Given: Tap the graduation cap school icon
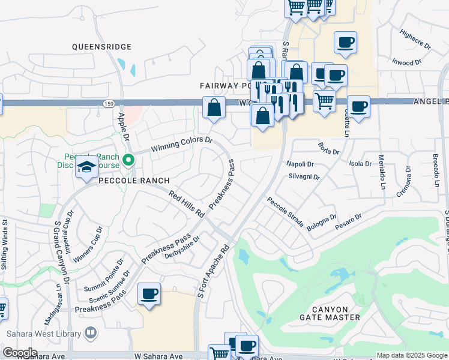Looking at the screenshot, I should (x=86, y=168).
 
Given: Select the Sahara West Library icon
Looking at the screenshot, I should (x=91, y=332).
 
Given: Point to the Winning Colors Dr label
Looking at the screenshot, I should (x=182, y=143).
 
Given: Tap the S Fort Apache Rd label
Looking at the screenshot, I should (x=214, y=269).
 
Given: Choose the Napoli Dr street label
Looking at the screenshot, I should (x=300, y=164).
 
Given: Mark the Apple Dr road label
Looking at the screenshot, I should (x=124, y=125).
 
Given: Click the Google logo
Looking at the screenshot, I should (x=19, y=353).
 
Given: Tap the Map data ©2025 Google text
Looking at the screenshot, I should (x=411, y=355).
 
